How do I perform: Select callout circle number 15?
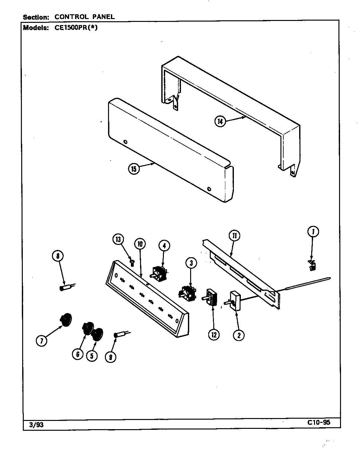pyautogui.click(x=134, y=169)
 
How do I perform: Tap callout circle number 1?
pyautogui.click(x=313, y=232)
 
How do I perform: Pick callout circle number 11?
pyautogui.click(x=234, y=236)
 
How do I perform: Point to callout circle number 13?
pyautogui.click(x=118, y=239)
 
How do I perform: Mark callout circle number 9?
pyautogui.click(x=111, y=357)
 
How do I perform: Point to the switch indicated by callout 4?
pyautogui.click(x=159, y=273)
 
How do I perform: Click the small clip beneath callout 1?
pyautogui.click(x=312, y=265)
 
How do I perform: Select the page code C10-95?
pyautogui.click(x=318, y=422)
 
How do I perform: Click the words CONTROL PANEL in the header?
pyautogui.click(x=85, y=17)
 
